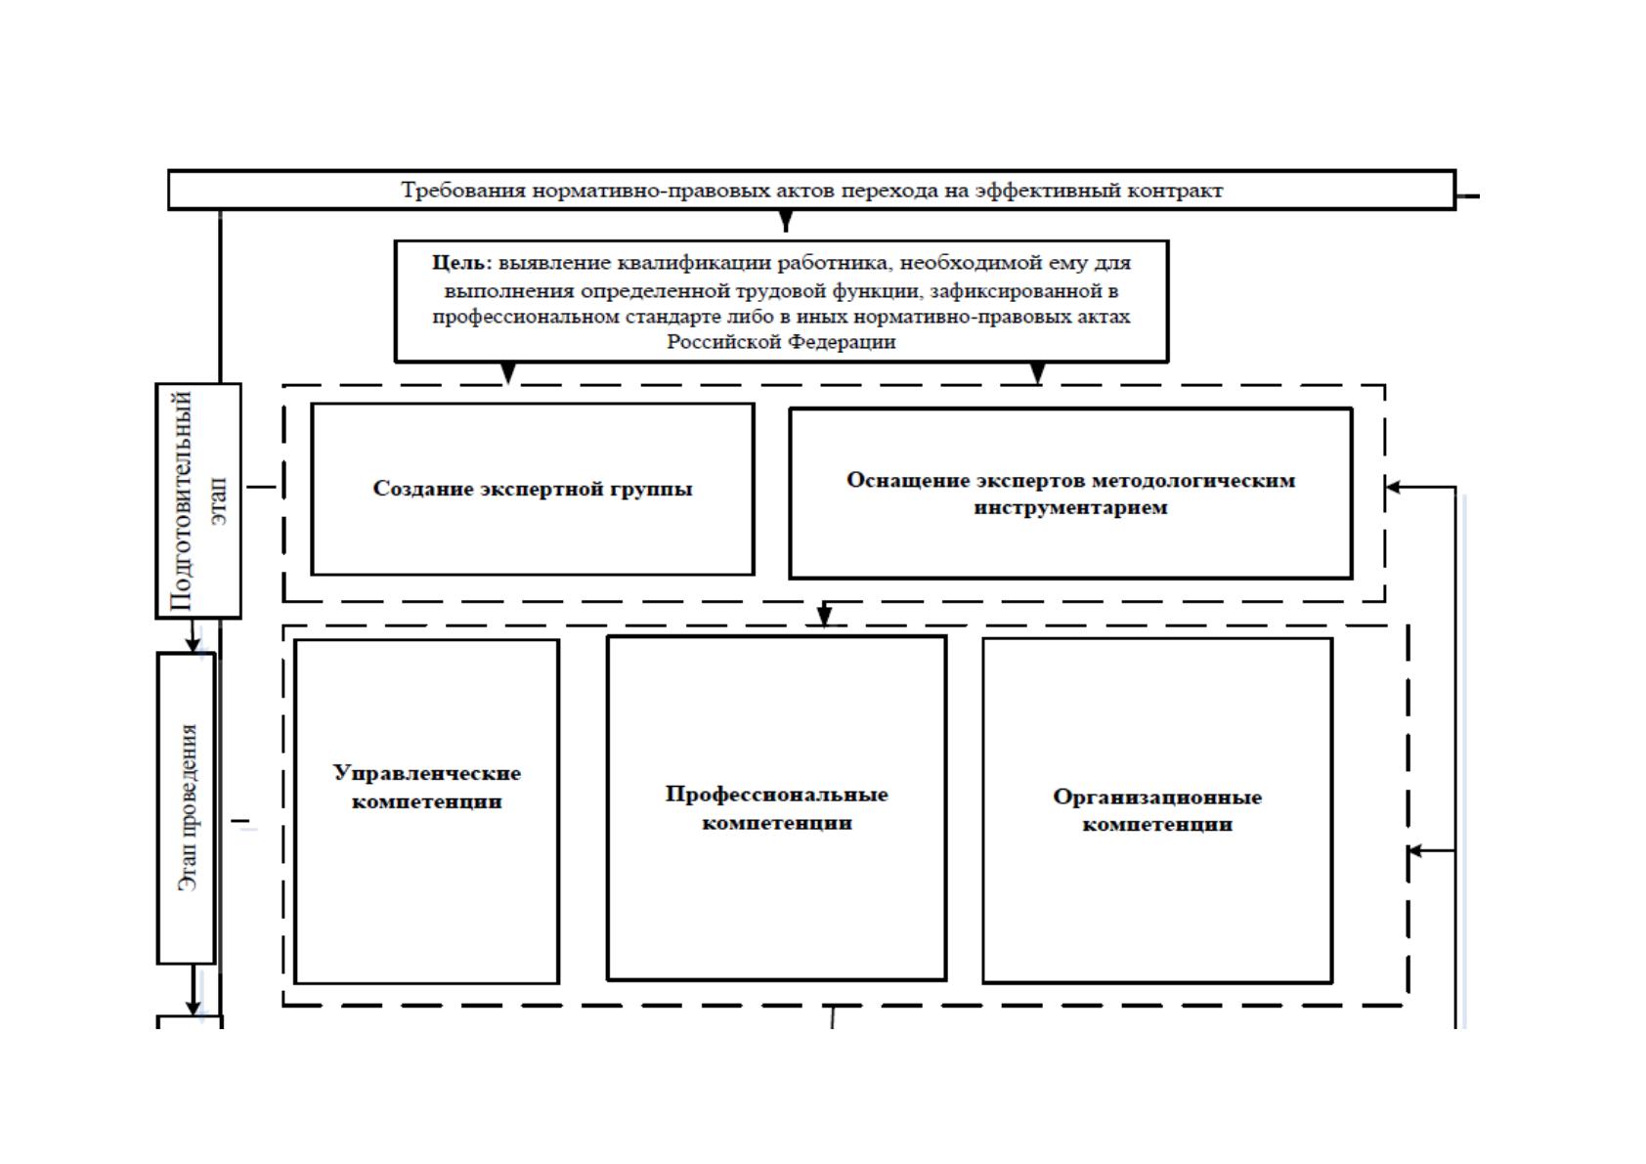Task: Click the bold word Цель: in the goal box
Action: pos(461,263)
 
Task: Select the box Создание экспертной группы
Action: pos(533,489)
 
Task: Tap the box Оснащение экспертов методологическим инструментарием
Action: pos(1070,494)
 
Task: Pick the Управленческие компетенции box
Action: pos(427,811)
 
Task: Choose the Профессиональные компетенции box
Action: pos(777,807)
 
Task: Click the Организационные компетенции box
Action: pos(1157,810)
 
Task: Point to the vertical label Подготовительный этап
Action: pos(198,501)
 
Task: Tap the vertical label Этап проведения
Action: pos(188,807)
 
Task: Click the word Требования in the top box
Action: pos(463,191)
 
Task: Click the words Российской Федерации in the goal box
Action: pos(781,342)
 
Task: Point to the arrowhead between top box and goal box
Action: pos(786,221)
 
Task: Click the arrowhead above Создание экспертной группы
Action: pos(507,372)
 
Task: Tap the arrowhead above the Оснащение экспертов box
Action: pos(1037,372)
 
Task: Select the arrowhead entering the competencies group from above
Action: pos(825,616)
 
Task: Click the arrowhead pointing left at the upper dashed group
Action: pos(1393,487)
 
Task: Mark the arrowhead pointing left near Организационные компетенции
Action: pos(1416,851)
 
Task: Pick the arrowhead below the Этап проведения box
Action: pos(193,1006)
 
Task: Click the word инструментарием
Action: pos(1070,508)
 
